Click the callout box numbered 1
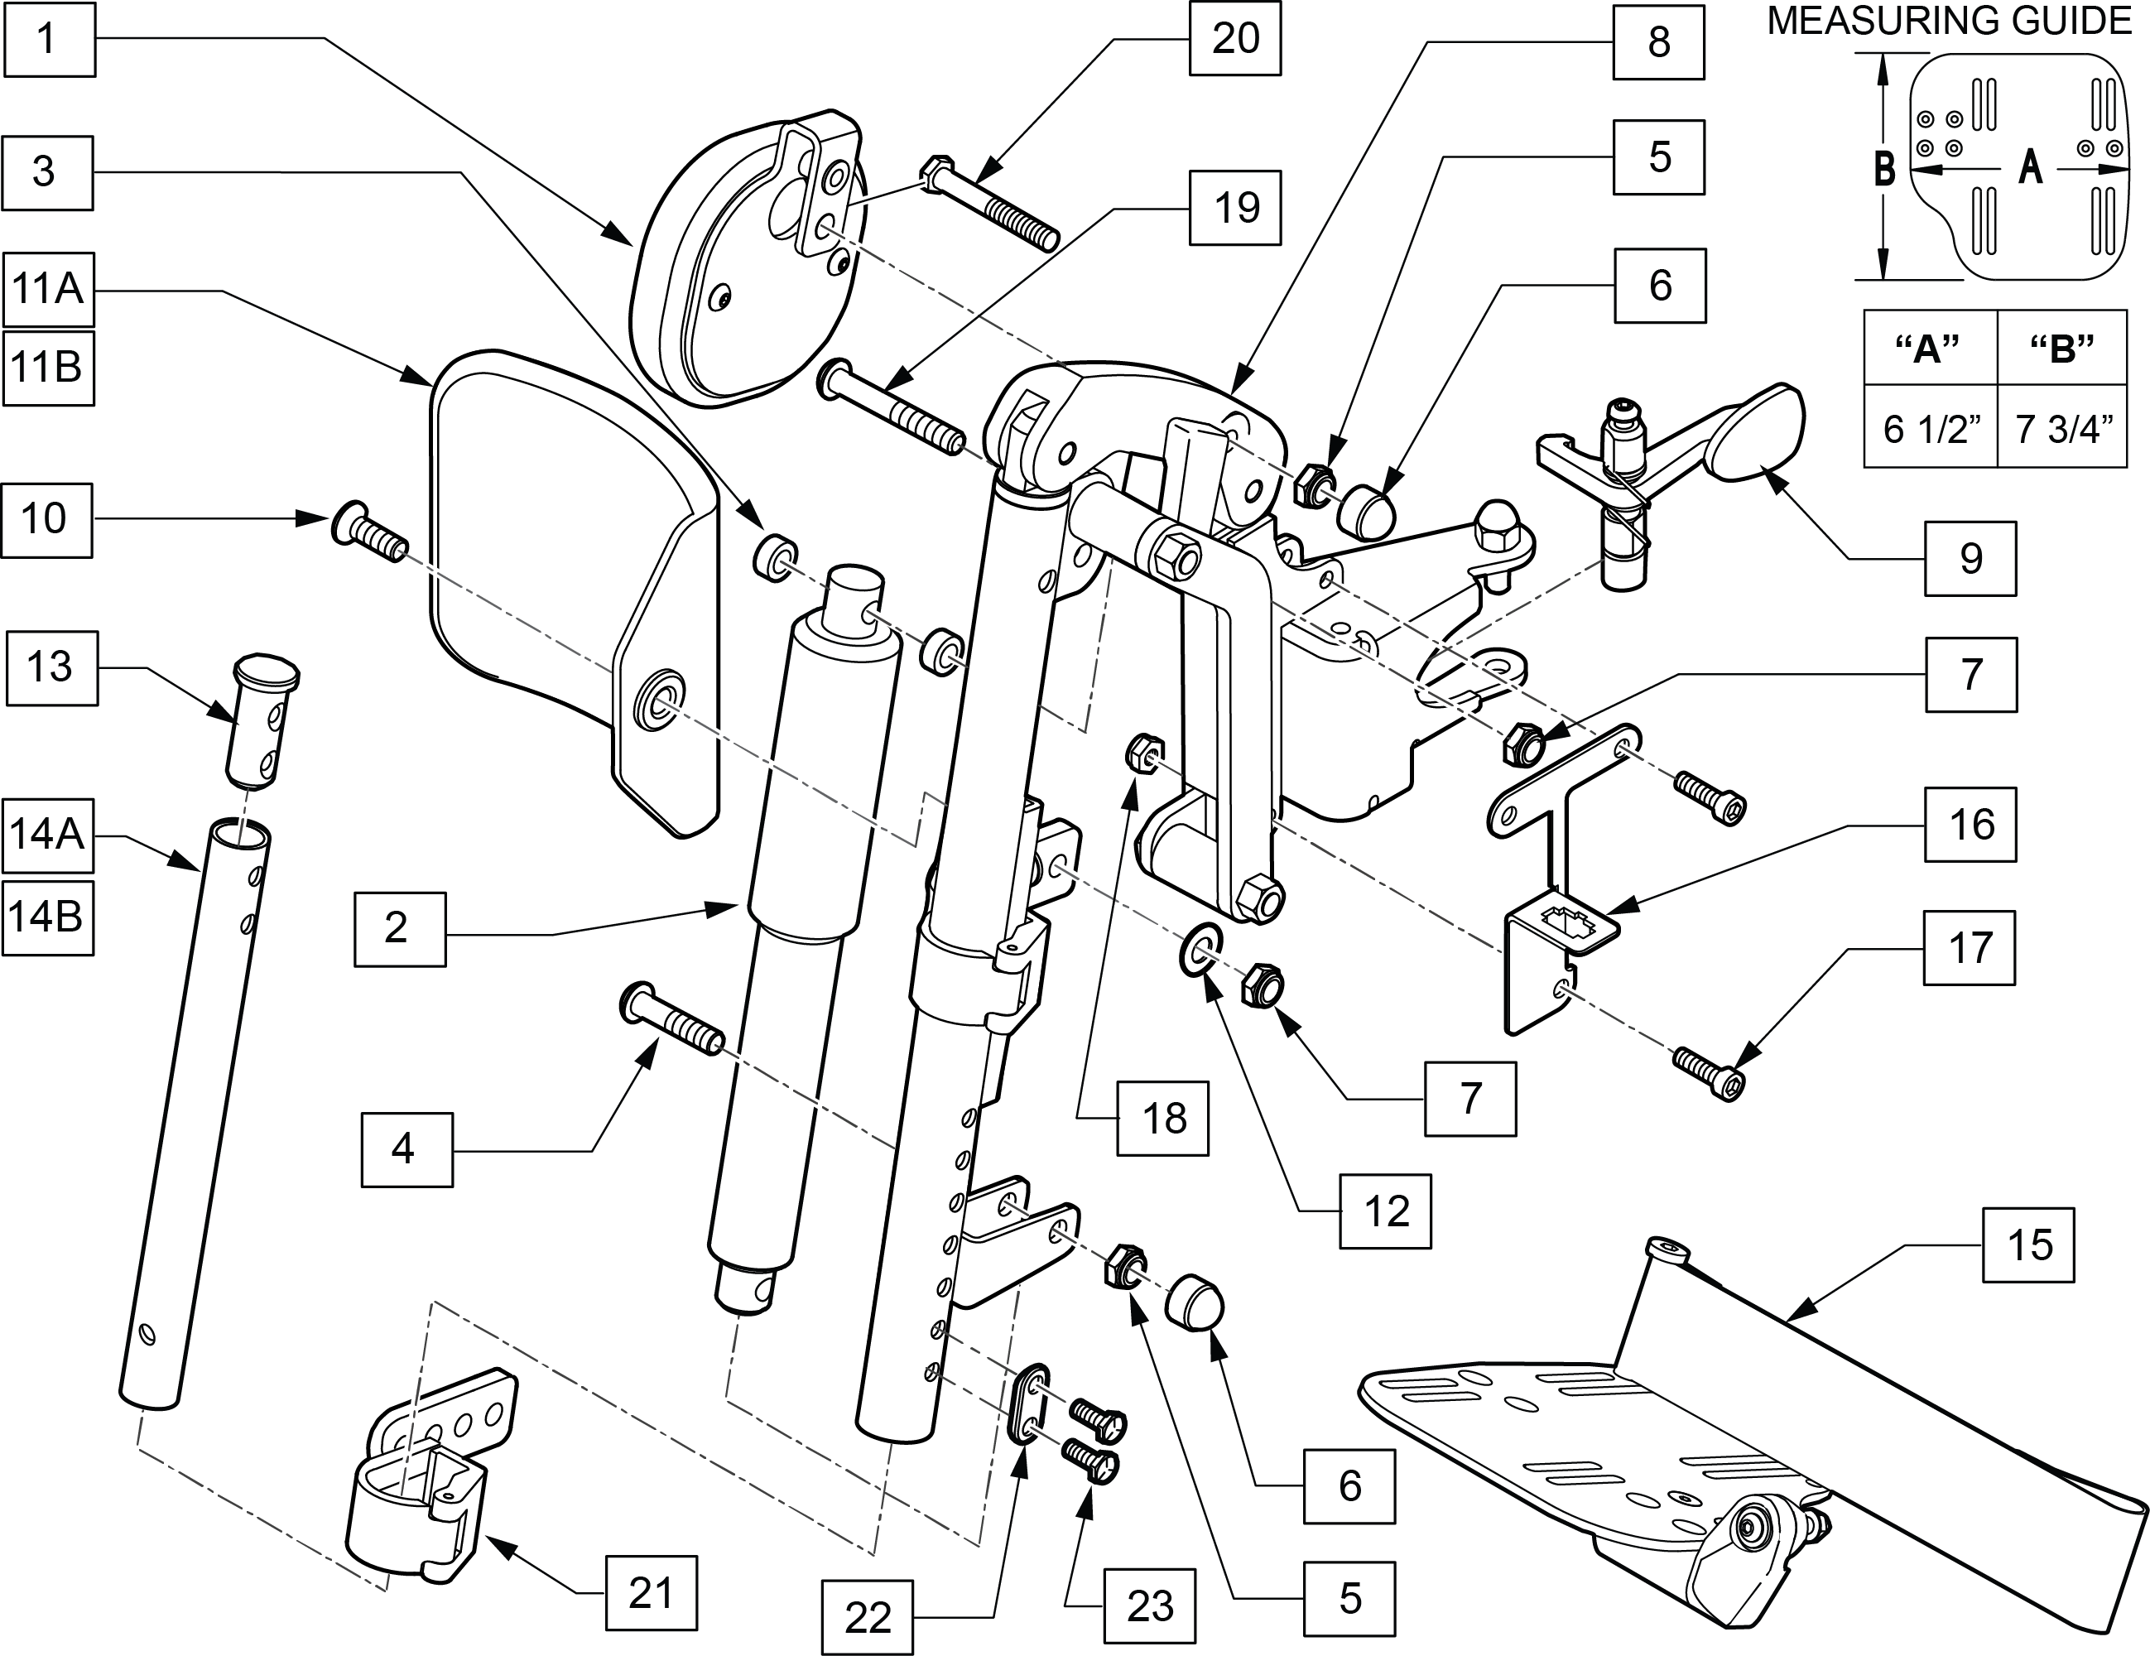pyautogui.click(x=48, y=40)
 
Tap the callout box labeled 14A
pyautogui.click(x=48, y=835)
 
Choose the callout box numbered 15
pyautogui.click(x=2029, y=1244)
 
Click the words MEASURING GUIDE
pyautogui.click(x=1949, y=21)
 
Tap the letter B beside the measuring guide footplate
pyautogui.click(x=1884, y=168)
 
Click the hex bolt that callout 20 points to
pyautogui.click(x=988, y=204)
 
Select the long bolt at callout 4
pyautogui.click(x=672, y=1019)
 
